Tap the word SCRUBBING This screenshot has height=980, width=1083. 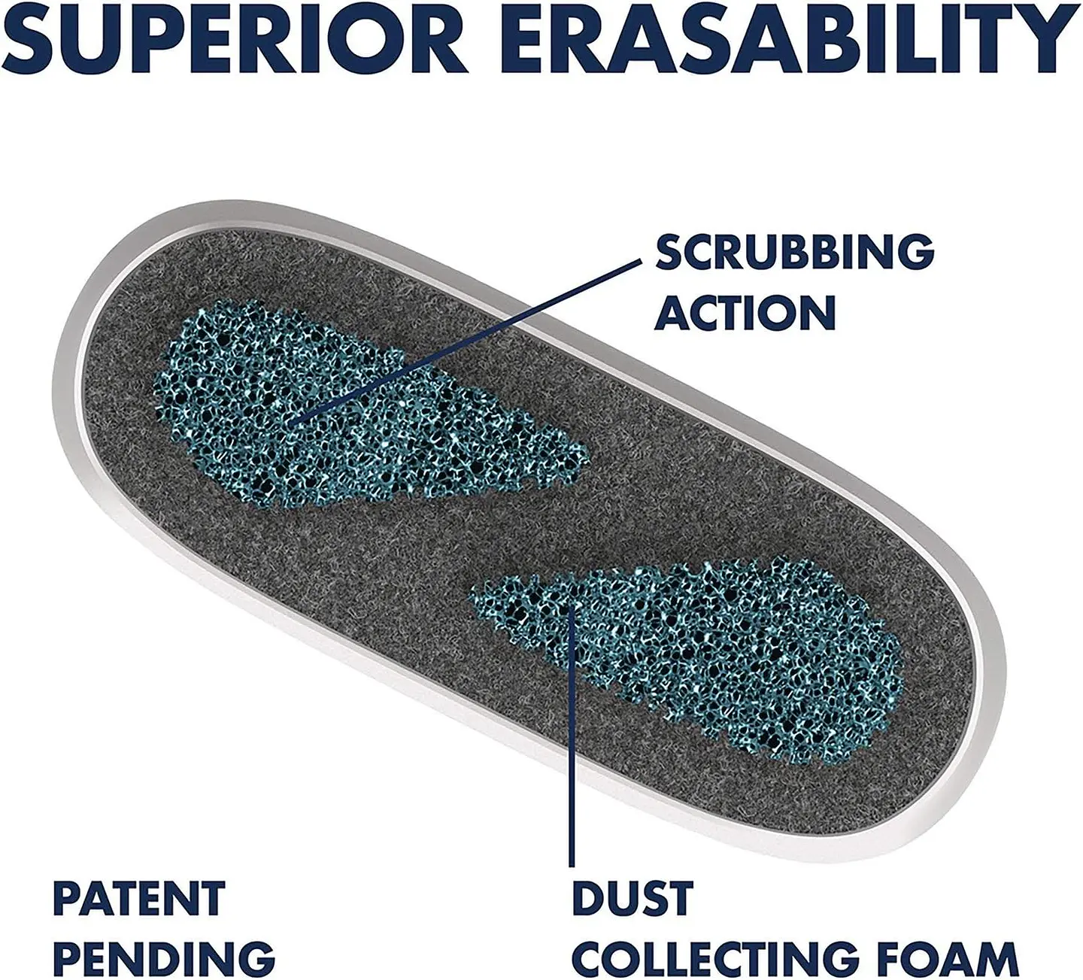click(794, 253)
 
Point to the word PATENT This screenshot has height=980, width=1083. click(139, 898)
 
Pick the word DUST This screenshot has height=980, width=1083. click(633, 898)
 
